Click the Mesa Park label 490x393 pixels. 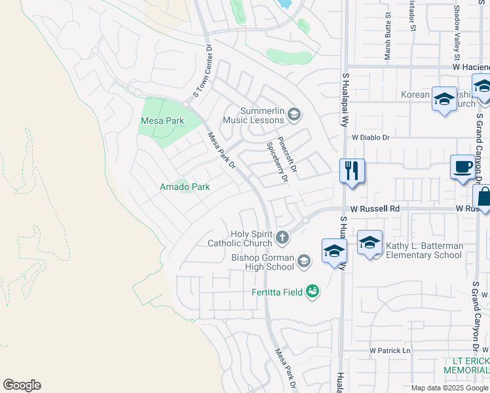[x=162, y=121]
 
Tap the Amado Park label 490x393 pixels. [x=185, y=187]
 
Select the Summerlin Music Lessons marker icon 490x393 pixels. [x=294, y=115]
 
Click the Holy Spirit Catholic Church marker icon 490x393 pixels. [x=282, y=237]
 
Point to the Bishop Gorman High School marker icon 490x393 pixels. [x=303, y=261]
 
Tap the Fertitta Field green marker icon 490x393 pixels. [x=312, y=291]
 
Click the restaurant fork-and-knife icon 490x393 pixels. [x=352, y=171]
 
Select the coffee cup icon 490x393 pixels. [x=463, y=167]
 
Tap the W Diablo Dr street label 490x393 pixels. [x=370, y=138]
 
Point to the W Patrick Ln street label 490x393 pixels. [x=389, y=350]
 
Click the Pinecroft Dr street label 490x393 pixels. [x=288, y=155]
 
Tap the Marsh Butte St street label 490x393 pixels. [x=388, y=45]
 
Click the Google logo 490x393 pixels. [x=22, y=385]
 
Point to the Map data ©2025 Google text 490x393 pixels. [x=449, y=388]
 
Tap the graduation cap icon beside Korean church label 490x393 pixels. [x=444, y=100]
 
